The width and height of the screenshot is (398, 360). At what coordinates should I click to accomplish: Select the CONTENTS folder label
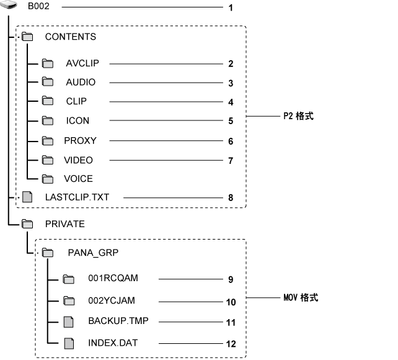(70, 37)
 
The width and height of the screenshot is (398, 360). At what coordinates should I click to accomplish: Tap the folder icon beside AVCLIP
(48, 63)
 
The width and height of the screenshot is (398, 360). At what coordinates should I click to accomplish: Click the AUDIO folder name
(81, 83)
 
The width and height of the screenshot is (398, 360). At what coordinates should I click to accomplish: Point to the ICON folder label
(77, 121)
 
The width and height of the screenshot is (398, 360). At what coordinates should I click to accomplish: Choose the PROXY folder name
(80, 141)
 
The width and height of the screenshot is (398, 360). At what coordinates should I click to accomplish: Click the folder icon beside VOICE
(48, 179)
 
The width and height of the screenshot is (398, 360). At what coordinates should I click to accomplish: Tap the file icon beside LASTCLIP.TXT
(26, 197)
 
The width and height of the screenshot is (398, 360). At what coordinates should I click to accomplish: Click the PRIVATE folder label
(64, 223)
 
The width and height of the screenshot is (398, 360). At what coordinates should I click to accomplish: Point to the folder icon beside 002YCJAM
(69, 301)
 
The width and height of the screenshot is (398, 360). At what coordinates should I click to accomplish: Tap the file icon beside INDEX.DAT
(69, 342)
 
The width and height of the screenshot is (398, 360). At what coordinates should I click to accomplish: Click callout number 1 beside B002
(231, 8)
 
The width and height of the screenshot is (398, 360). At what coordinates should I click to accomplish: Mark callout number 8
(231, 198)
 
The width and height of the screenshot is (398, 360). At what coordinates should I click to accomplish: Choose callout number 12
(231, 343)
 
